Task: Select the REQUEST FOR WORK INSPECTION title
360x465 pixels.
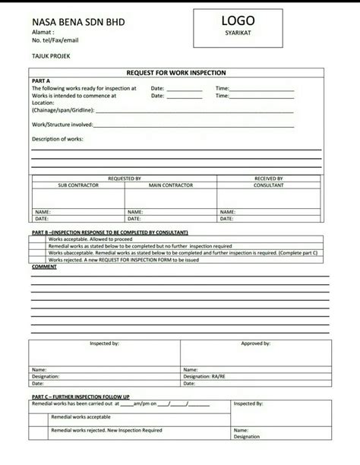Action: pos(177,72)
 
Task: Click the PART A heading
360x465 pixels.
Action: pos(40,80)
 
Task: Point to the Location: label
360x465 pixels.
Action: pos(44,103)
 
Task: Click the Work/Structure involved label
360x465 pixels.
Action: pos(62,123)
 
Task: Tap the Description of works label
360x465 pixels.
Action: pos(58,138)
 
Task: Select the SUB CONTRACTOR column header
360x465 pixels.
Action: pos(77,185)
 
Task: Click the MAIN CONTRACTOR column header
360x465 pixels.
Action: pos(171,185)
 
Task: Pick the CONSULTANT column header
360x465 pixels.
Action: pos(269,185)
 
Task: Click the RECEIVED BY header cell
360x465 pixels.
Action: pos(269,178)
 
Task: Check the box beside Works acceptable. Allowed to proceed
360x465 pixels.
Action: pos(36,239)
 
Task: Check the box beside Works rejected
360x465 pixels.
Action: pos(36,259)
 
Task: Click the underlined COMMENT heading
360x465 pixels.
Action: pos(44,266)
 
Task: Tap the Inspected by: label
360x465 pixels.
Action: pos(104,343)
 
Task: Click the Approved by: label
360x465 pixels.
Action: pos(256,343)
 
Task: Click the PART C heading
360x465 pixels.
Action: pos(81,396)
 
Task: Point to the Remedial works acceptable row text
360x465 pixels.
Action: pos(81,417)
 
